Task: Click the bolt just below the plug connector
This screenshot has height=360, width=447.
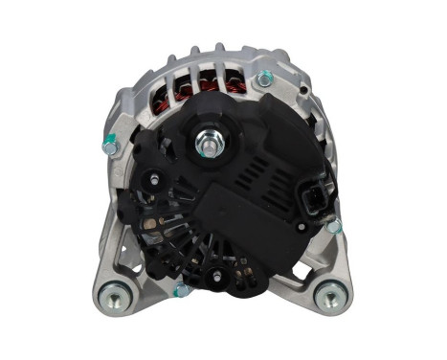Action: (x=332, y=227)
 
